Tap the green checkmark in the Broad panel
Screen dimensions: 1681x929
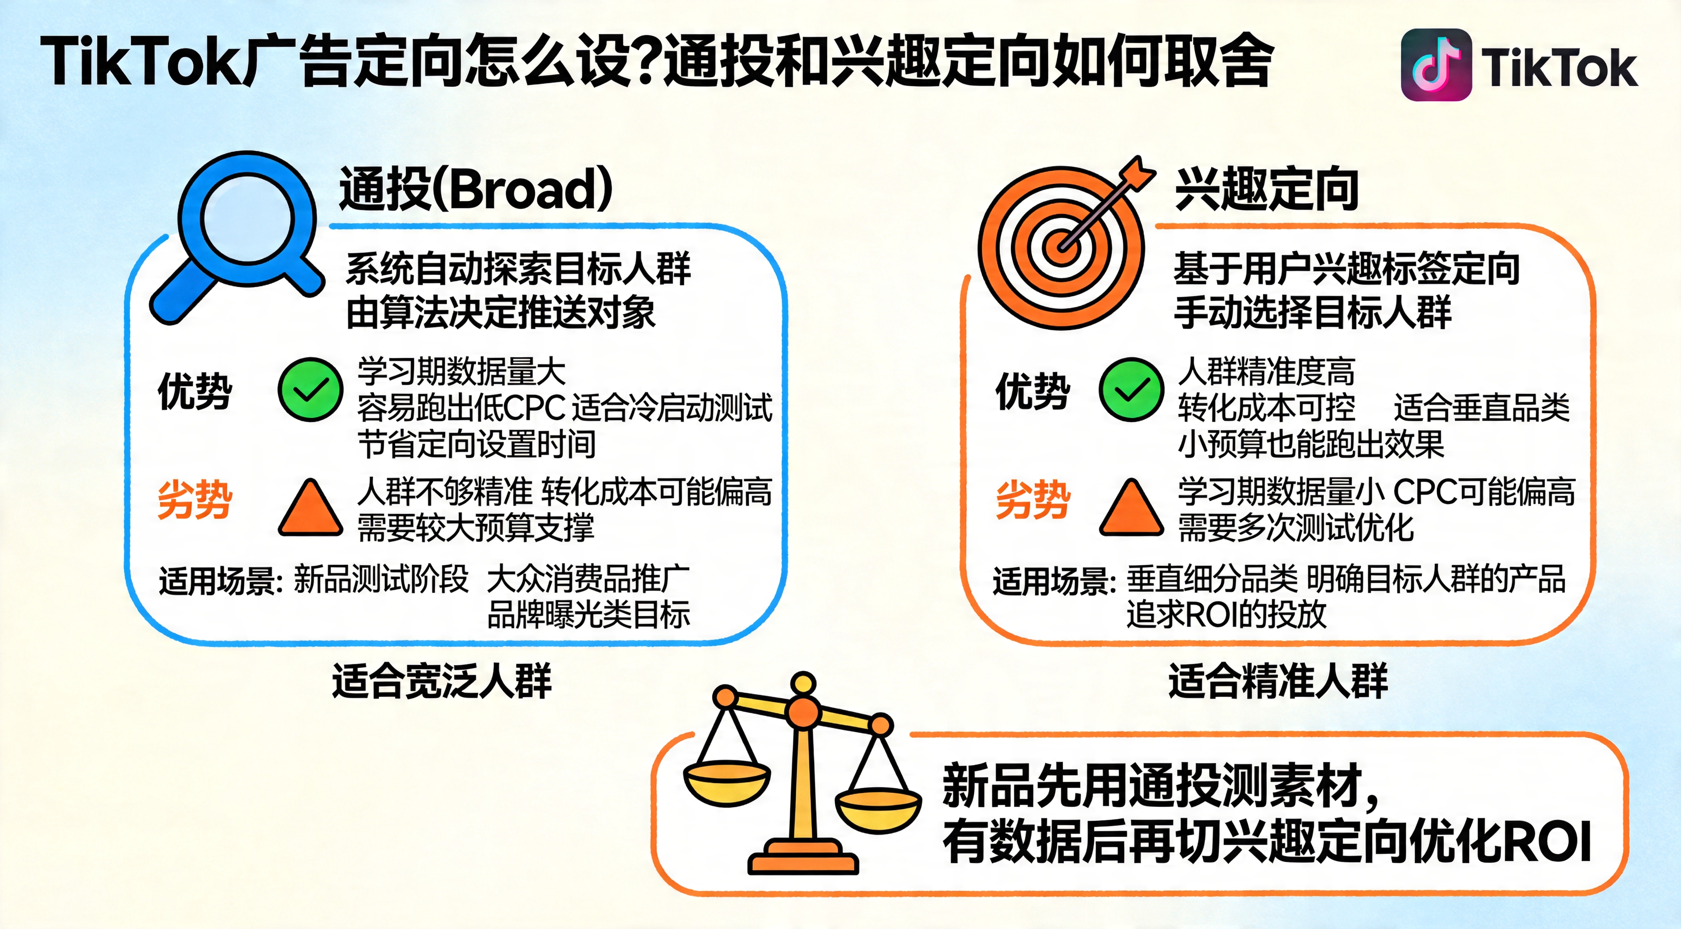311,390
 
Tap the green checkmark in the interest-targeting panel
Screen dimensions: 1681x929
1132,390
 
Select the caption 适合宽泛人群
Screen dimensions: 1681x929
442,681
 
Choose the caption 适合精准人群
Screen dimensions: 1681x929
1278,681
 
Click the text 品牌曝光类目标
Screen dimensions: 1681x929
589,614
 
